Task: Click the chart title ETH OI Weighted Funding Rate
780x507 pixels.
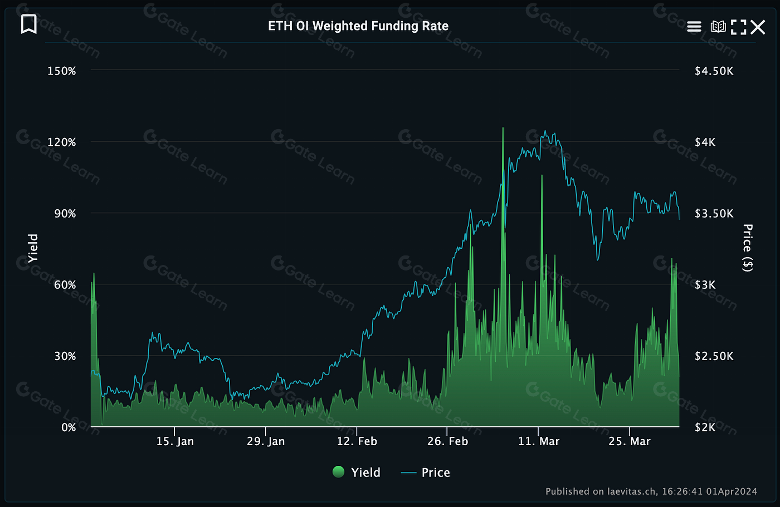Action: click(x=358, y=26)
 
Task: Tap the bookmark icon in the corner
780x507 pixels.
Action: click(x=29, y=24)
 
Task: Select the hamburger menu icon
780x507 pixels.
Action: click(x=694, y=27)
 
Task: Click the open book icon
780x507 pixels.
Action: click(x=718, y=27)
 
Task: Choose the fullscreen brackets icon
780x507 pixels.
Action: click(x=738, y=27)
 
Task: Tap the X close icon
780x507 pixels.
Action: click(x=758, y=27)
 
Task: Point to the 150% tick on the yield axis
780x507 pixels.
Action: click(x=62, y=71)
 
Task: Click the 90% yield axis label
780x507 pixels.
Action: click(x=65, y=213)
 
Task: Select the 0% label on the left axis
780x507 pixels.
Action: click(x=68, y=427)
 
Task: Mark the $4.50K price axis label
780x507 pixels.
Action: click(x=714, y=71)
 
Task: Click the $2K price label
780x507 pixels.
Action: click(x=705, y=427)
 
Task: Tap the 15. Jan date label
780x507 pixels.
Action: click(x=175, y=441)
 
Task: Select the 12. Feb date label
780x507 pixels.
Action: click(x=357, y=441)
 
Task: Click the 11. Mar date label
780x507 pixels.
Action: click(x=538, y=441)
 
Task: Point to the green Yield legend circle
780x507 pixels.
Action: click(x=338, y=472)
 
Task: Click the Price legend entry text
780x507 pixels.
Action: click(x=435, y=472)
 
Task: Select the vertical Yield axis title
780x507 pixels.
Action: click(x=33, y=248)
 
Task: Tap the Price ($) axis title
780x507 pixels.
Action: click(x=748, y=248)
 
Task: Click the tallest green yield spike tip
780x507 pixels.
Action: click(x=503, y=129)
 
